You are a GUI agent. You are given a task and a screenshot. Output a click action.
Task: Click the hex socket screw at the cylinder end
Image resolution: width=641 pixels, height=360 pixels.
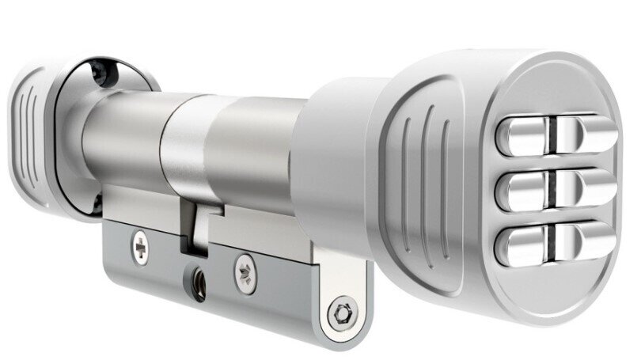click(342, 309)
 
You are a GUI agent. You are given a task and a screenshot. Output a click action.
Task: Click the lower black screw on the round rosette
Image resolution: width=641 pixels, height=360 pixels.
click(97, 204)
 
